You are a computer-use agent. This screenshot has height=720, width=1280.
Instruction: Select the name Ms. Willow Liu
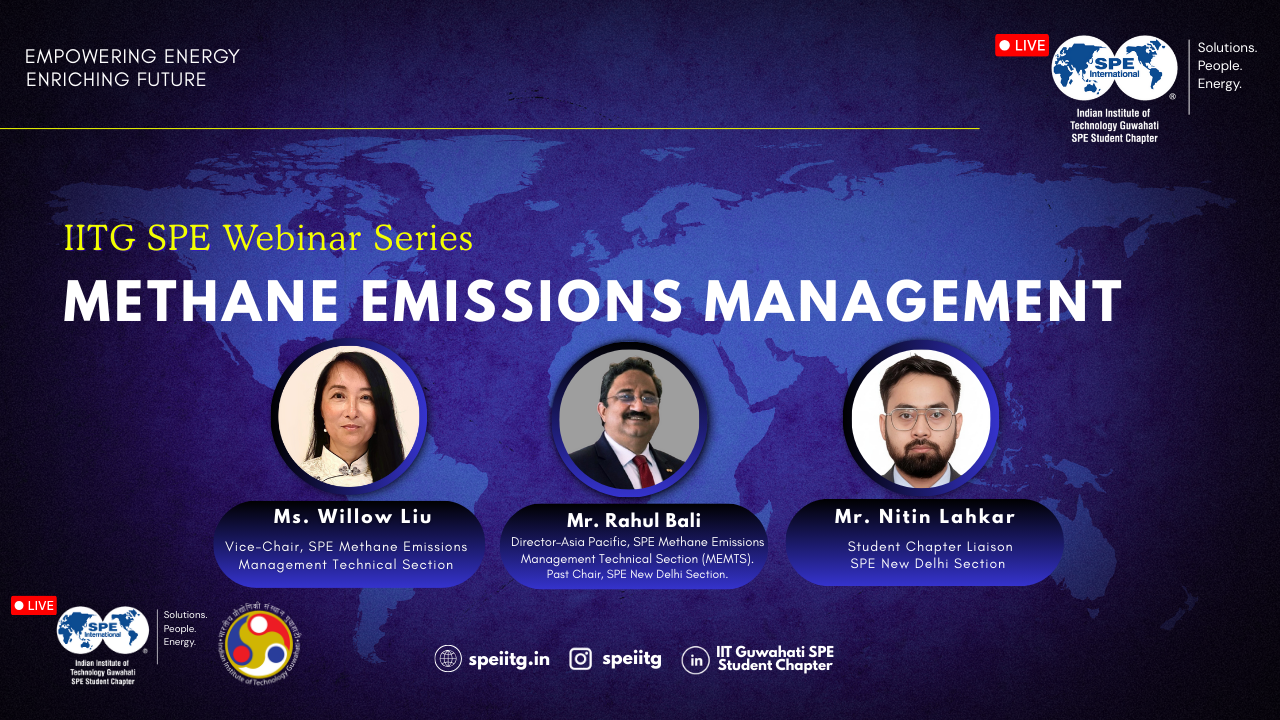click(352, 517)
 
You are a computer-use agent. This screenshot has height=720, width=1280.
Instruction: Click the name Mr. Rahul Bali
click(634, 521)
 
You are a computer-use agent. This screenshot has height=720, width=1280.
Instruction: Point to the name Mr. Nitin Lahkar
click(925, 517)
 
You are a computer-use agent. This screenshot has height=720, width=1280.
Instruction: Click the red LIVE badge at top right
click(1021, 45)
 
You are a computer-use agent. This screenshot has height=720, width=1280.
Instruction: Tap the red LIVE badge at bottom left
click(34, 605)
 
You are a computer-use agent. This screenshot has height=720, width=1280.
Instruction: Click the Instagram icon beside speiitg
click(580, 659)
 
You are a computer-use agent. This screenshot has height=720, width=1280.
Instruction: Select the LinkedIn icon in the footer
click(695, 660)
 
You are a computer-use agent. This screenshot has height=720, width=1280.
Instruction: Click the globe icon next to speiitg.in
click(448, 659)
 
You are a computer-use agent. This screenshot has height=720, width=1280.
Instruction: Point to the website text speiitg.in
click(509, 660)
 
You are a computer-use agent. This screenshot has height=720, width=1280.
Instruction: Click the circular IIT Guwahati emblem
click(259, 646)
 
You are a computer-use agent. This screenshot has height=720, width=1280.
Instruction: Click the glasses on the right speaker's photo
click(921, 419)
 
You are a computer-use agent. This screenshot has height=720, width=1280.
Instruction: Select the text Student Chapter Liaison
click(930, 547)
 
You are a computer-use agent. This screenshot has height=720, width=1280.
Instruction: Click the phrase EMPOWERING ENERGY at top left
click(132, 57)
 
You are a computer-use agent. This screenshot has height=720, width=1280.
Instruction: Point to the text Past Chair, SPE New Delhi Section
click(637, 574)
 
